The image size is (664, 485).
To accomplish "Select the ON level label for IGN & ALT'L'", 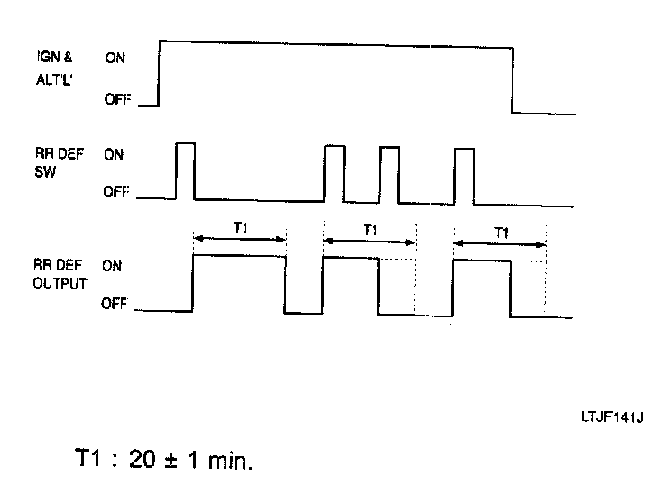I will [115, 57].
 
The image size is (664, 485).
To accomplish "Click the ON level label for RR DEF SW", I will [115, 154].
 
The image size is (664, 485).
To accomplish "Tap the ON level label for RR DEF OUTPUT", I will [112, 266].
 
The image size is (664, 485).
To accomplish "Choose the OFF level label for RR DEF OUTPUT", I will [115, 305].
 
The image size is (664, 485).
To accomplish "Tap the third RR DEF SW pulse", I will [389, 173].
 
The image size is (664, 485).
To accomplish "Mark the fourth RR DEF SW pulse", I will [465, 173].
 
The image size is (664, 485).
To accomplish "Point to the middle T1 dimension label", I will [370, 230].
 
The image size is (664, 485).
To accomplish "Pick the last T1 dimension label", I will [502, 232].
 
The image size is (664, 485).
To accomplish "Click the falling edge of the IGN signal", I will [512, 77].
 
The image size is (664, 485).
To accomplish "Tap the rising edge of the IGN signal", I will [160, 72].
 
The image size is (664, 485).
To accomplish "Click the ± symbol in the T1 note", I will [171, 460].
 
